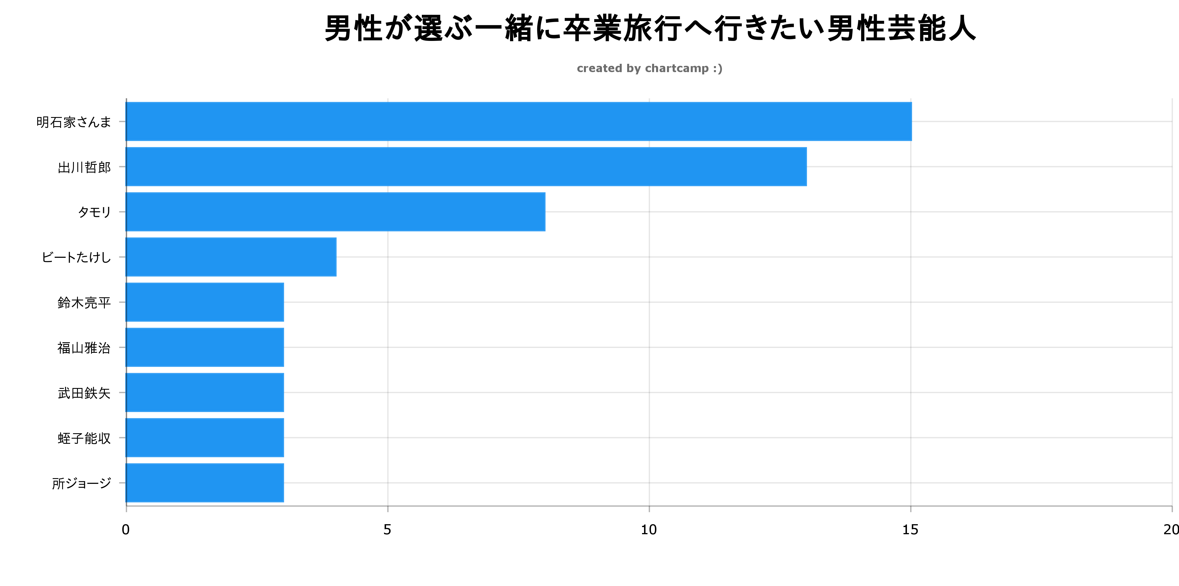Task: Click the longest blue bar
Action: (x=519, y=121)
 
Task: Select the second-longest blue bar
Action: (x=466, y=167)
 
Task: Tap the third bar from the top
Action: (x=335, y=212)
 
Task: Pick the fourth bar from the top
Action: (x=231, y=257)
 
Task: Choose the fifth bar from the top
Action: (x=204, y=302)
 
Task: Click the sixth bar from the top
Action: (x=204, y=347)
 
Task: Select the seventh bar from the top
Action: (x=204, y=392)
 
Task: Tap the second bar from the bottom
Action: (x=204, y=437)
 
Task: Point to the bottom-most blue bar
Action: (x=204, y=483)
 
